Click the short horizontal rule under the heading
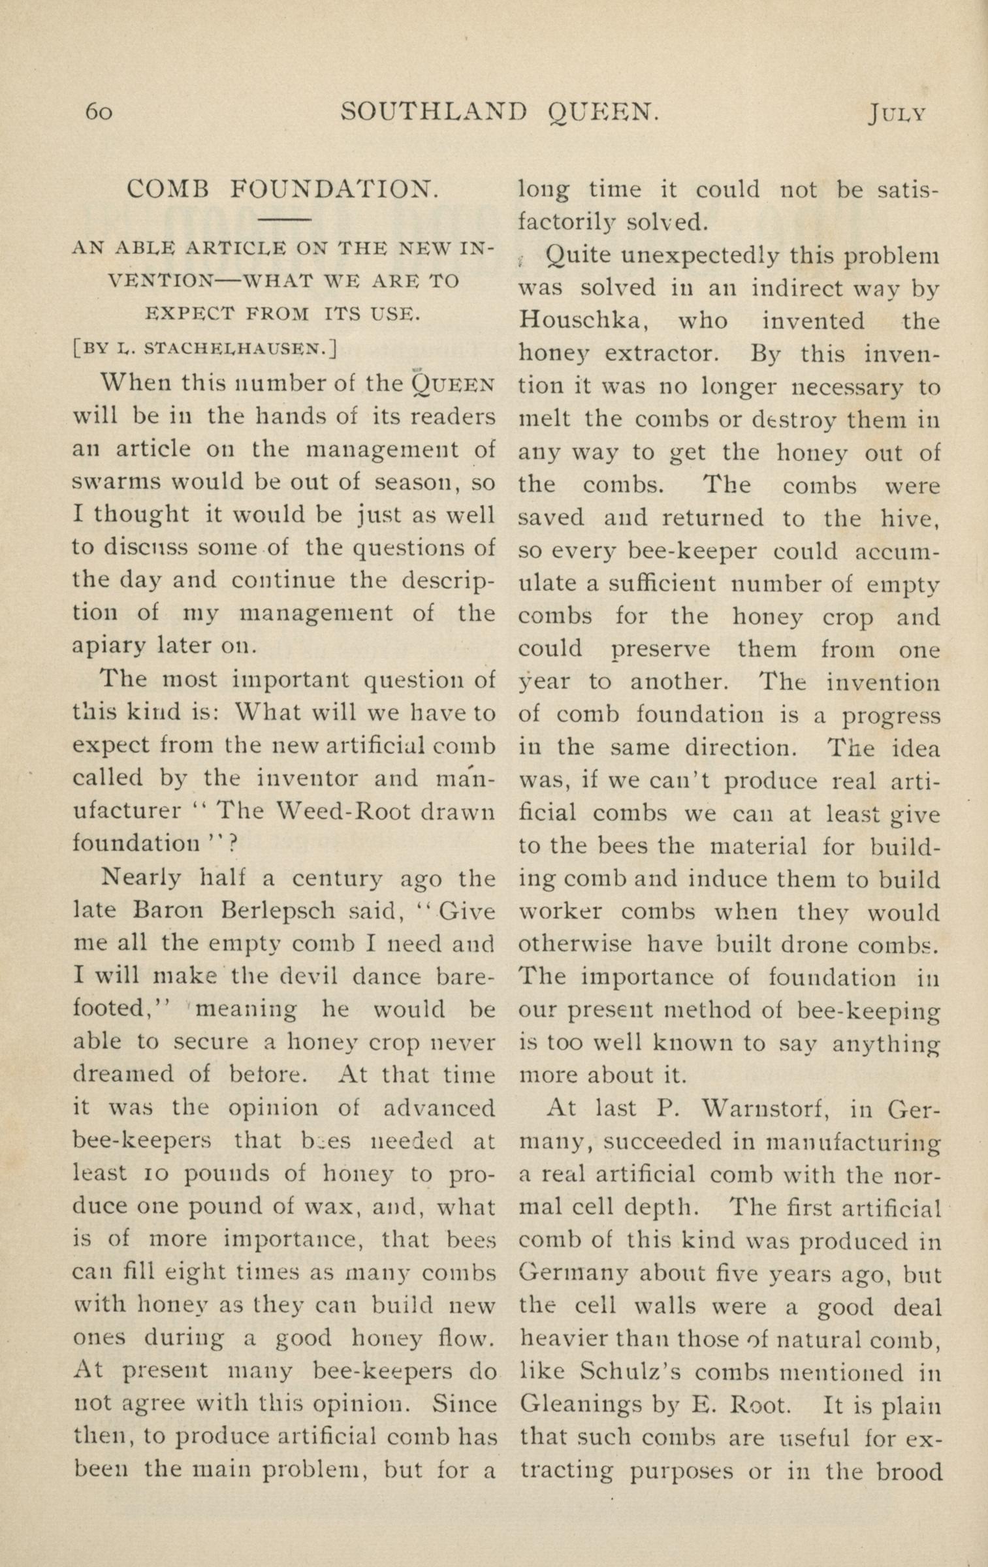[x=281, y=219]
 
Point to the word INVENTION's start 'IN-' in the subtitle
[x=473, y=248]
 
